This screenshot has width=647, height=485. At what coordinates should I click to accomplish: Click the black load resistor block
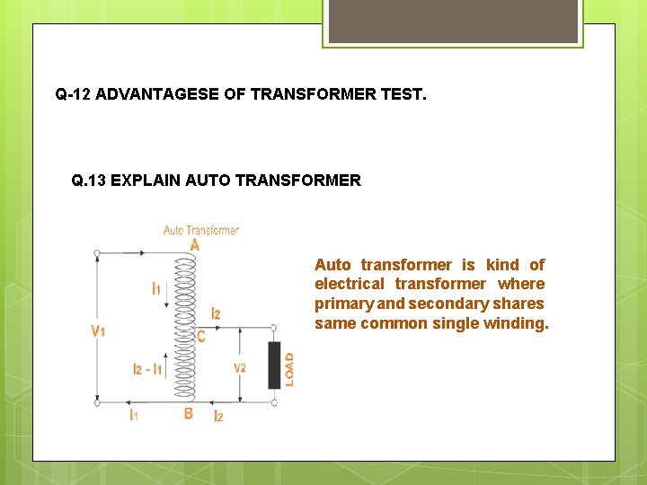pyautogui.click(x=274, y=365)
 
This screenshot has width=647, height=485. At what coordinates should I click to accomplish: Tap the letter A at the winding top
pyautogui.click(x=195, y=244)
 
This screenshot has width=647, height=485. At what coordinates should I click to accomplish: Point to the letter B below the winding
pyautogui.click(x=188, y=413)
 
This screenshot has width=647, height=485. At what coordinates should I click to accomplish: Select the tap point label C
pyautogui.click(x=201, y=337)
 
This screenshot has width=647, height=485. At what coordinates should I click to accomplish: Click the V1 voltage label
pyautogui.click(x=99, y=331)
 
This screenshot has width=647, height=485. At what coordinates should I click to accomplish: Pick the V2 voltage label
pyautogui.click(x=240, y=368)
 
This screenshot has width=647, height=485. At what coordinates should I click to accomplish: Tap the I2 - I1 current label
pyautogui.click(x=147, y=369)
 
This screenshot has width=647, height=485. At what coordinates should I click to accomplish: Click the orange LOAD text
pyautogui.click(x=289, y=368)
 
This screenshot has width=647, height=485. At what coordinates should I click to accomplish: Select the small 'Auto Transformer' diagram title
pyautogui.click(x=201, y=230)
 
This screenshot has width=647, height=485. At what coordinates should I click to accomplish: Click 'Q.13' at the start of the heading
pyautogui.click(x=88, y=180)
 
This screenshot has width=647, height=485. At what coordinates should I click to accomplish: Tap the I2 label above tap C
pyautogui.click(x=216, y=313)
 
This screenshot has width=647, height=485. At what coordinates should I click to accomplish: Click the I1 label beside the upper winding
pyautogui.click(x=156, y=288)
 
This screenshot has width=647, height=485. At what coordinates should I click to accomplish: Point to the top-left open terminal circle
pyautogui.click(x=97, y=253)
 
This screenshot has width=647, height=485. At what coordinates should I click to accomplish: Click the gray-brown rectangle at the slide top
pyautogui.click(x=451, y=21)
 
